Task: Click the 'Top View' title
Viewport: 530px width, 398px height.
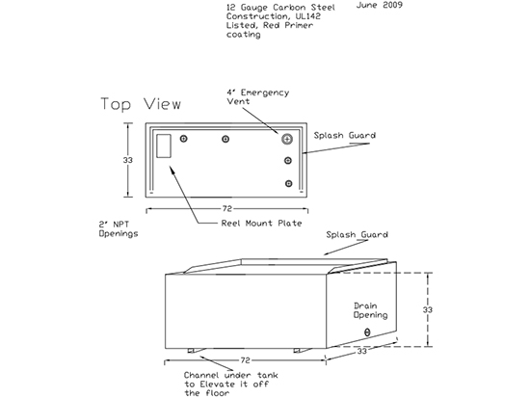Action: tap(141, 104)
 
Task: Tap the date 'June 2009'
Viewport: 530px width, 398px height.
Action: tap(380, 5)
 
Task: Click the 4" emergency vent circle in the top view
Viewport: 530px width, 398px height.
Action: tap(287, 139)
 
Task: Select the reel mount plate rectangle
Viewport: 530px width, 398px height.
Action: tap(164, 146)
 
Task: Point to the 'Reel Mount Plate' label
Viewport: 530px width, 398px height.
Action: tap(261, 224)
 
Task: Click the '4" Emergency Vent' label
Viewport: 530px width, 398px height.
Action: tap(258, 97)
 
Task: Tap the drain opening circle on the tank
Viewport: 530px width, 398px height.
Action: tap(367, 332)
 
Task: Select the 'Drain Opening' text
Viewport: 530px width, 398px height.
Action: tap(370, 310)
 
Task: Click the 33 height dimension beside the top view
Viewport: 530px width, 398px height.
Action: tap(128, 160)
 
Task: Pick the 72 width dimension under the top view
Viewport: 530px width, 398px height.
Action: tap(226, 209)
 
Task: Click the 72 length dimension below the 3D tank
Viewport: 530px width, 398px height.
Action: tap(245, 360)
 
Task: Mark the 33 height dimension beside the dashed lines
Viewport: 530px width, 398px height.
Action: tap(428, 309)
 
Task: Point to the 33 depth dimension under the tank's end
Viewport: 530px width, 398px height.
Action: tap(361, 352)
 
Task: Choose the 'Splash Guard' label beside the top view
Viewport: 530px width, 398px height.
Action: tap(344, 136)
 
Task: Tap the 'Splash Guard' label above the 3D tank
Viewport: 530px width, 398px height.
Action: tap(357, 235)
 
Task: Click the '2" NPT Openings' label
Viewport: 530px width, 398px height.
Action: tap(119, 229)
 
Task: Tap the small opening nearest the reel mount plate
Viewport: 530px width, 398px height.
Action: tap(183, 139)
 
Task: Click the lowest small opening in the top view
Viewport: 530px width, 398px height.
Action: tap(288, 184)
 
